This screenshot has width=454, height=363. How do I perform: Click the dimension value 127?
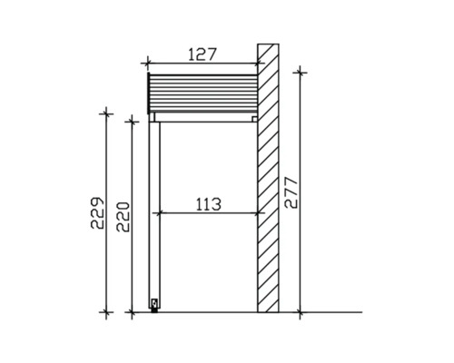202,54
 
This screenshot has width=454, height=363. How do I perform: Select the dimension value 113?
209,204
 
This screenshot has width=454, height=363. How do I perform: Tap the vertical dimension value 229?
98,213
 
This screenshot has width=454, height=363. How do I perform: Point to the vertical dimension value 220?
123,217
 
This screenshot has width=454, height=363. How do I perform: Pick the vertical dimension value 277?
291,192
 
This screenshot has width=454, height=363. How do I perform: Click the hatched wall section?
268,178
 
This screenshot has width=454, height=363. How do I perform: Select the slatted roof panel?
202,93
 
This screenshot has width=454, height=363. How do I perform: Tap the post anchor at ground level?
154,306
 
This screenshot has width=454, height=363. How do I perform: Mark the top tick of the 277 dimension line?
300,73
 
